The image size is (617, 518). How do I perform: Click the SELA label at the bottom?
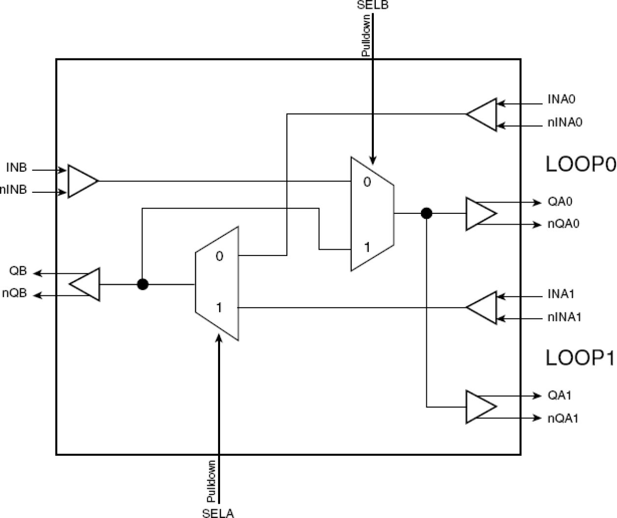218,513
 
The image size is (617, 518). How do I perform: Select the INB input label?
17,168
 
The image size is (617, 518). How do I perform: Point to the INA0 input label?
561,100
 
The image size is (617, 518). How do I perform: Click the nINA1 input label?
564,317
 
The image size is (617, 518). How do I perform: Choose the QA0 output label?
560,202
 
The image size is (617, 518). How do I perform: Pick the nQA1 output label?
563,418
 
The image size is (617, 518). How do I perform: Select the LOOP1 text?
580,358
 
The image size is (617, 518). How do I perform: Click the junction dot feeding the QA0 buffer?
426,213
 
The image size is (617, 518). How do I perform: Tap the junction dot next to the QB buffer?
142,284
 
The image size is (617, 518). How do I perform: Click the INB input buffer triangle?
82,181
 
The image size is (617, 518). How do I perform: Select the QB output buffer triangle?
86,284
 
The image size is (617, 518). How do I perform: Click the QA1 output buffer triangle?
479,407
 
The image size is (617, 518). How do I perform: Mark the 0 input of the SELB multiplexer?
367,182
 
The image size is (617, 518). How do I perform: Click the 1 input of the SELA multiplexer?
219,308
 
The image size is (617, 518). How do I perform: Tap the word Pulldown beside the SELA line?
211,481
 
